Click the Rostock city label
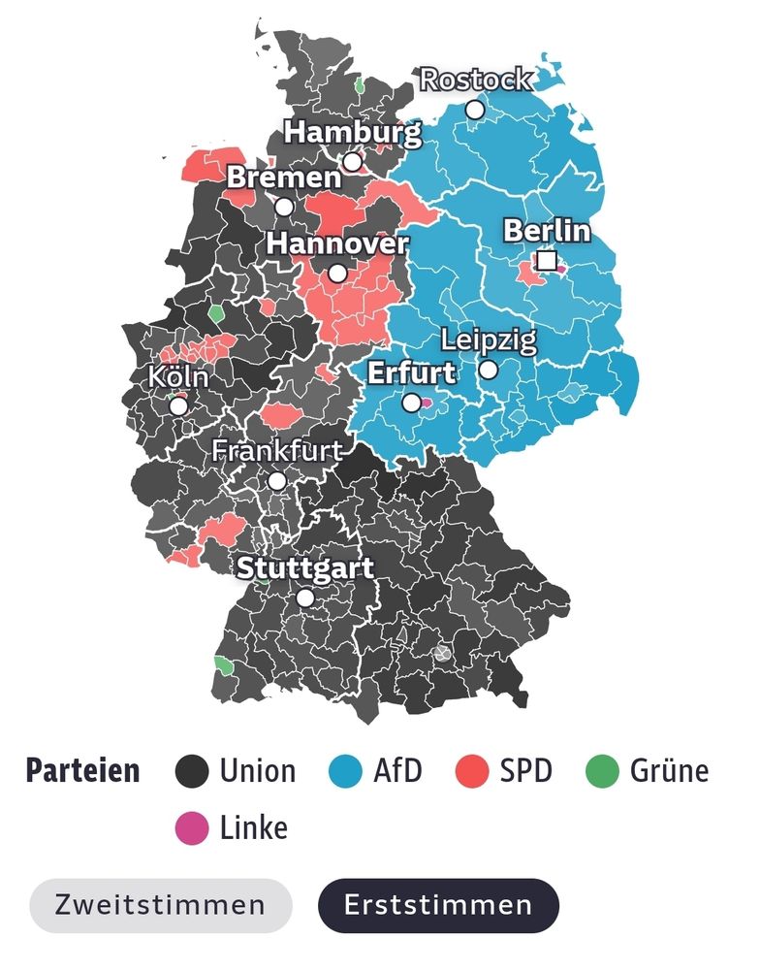[475, 80]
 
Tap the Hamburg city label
[352, 132]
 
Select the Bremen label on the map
[284, 178]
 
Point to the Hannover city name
[337, 243]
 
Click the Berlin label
[547, 231]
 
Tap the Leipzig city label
[488, 340]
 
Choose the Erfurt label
[412, 372]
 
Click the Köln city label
[178, 377]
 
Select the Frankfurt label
[277, 451]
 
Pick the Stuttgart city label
[305, 568]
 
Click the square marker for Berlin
[548, 261]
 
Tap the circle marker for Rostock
[475, 110]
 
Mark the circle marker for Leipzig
[489, 370]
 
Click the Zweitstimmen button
[160, 905]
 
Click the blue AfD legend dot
[345, 772]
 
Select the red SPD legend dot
[472, 772]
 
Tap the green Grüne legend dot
[602, 772]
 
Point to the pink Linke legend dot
[192, 828]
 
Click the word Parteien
[82, 772]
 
